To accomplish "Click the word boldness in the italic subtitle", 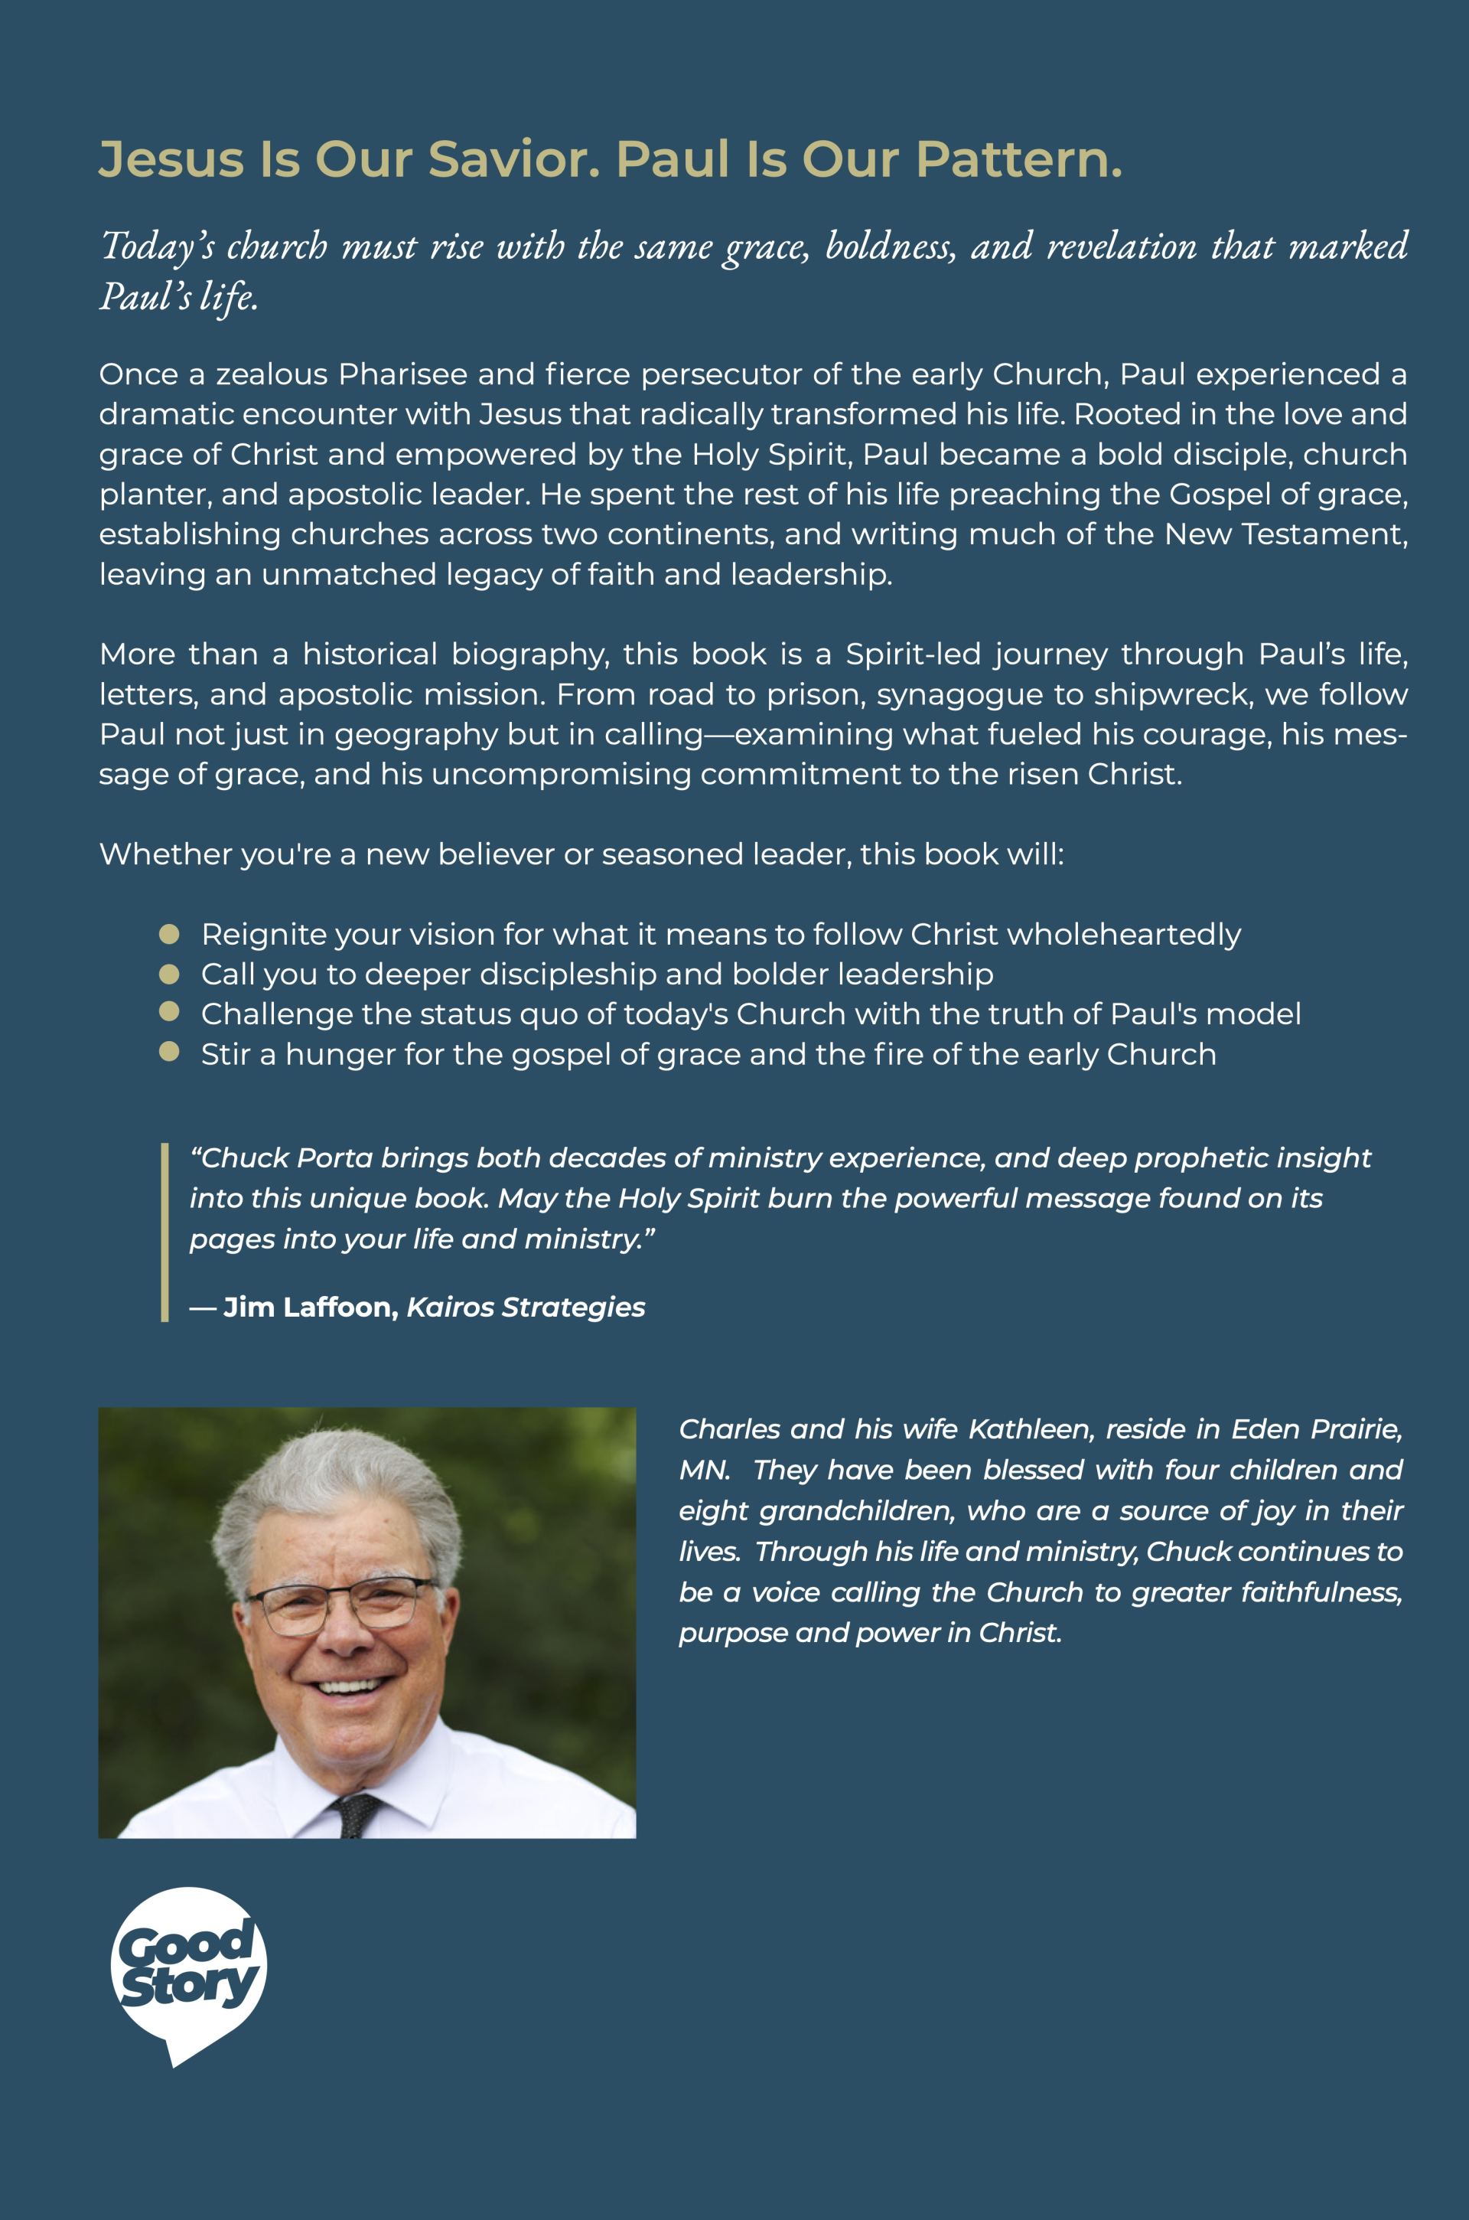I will tap(890, 246).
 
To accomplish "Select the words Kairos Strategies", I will tap(526, 1308).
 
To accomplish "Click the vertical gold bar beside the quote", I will tap(165, 1232).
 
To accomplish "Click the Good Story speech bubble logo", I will tap(187, 1974).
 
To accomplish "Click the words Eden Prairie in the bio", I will tap(1316, 1429).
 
